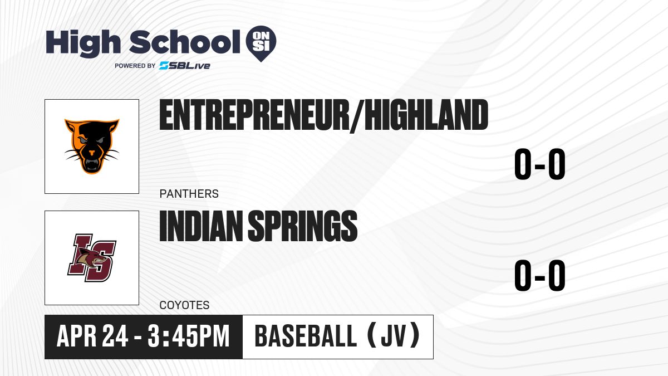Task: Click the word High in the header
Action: pyautogui.click(x=83, y=43)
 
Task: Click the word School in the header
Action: pyautogui.click(x=185, y=42)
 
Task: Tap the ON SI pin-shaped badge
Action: pyautogui.click(x=261, y=43)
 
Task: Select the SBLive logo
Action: pyautogui.click(x=185, y=66)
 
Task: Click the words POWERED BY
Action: pyautogui.click(x=135, y=66)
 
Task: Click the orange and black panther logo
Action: pyautogui.click(x=92, y=146)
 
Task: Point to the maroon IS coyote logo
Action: pyautogui.click(x=92, y=258)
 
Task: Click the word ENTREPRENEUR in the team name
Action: pyautogui.click(x=254, y=115)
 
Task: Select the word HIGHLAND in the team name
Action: pyautogui.click(x=426, y=115)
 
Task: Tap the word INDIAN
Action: pyautogui.click(x=202, y=226)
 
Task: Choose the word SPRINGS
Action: pyautogui.click(x=303, y=226)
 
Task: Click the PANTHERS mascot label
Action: pyautogui.click(x=189, y=194)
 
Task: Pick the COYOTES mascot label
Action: pyautogui.click(x=185, y=305)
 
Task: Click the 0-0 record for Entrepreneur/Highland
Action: pyautogui.click(x=540, y=164)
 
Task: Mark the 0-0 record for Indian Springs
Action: pyautogui.click(x=540, y=275)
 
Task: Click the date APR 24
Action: pyautogui.click(x=92, y=336)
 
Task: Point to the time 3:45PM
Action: pyautogui.click(x=189, y=336)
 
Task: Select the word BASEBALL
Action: pyautogui.click(x=306, y=336)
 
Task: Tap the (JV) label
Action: pyautogui.click(x=394, y=336)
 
